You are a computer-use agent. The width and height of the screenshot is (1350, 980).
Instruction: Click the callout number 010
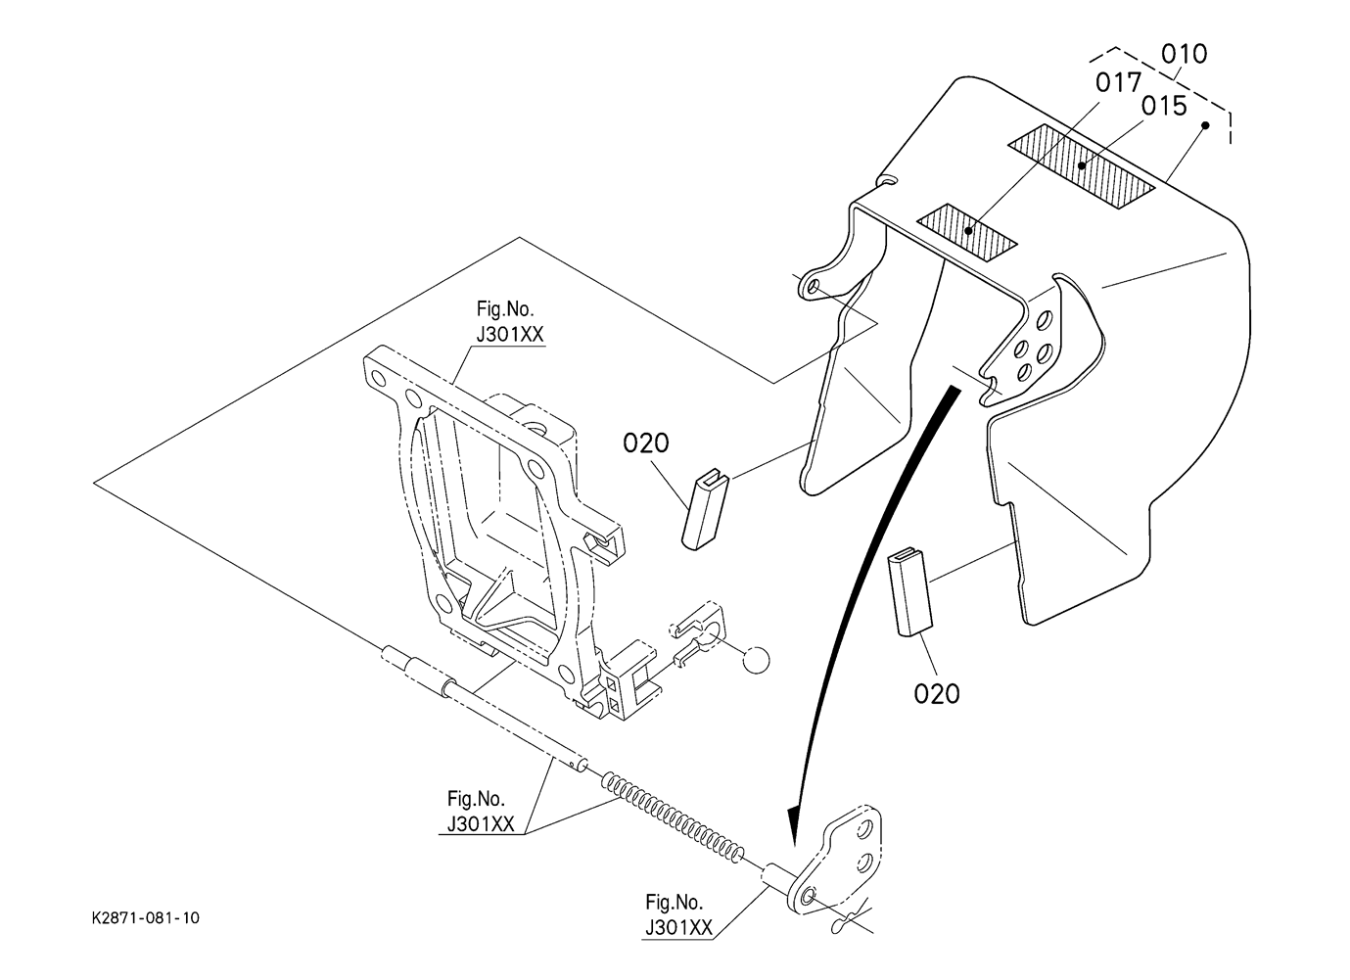click(1185, 54)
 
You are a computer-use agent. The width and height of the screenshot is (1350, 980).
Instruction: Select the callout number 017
click(1119, 83)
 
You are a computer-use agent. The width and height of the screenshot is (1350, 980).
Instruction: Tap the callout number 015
click(1164, 107)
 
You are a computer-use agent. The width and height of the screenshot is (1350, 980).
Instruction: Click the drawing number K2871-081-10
click(145, 918)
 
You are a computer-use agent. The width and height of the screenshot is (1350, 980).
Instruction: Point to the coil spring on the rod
click(674, 819)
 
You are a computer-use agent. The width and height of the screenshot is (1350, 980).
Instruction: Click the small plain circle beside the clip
click(756, 660)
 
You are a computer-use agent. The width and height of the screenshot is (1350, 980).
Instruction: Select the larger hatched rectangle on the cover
click(1082, 167)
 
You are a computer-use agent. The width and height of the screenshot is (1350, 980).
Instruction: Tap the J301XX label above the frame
click(510, 334)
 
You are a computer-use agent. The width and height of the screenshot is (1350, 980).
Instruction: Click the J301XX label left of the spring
click(481, 823)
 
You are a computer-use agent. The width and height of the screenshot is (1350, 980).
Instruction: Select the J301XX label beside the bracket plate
click(678, 927)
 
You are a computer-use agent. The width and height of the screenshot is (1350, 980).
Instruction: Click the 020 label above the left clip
click(645, 443)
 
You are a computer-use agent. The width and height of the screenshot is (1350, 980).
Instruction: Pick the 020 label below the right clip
click(937, 694)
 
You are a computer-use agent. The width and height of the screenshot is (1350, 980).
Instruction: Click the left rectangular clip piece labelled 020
click(706, 509)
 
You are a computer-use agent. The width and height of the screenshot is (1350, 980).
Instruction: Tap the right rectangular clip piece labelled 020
click(909, 591)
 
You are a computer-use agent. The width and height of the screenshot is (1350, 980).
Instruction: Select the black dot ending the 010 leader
click(1205, 125)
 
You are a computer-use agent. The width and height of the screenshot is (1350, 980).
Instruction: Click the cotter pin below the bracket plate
click(847, 922)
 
